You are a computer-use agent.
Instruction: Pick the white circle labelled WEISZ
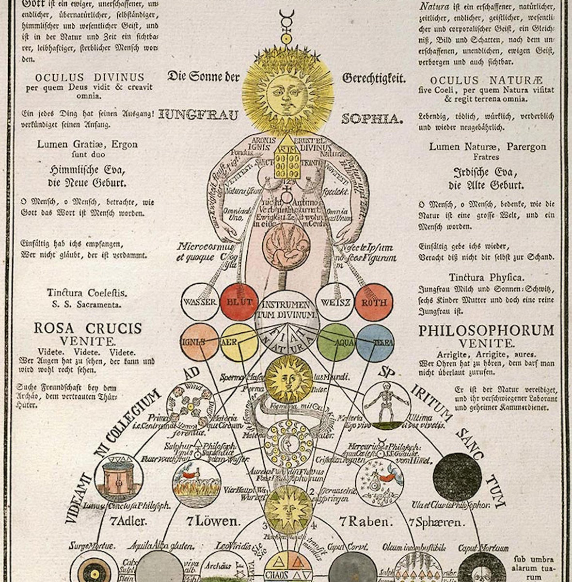pyautogui.click(x=333, y=302)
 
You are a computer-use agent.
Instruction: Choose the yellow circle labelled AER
pyautogui.click(x=238, y=341)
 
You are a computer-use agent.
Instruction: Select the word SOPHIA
pyautogui.click(x=372, y=119)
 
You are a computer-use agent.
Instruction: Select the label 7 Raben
pyautogui.click(x=365, y=522)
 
